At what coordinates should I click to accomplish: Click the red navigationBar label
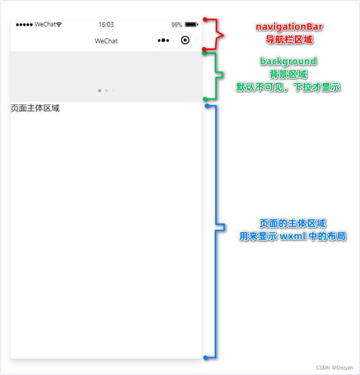pyautogui.click(x=289, y=27)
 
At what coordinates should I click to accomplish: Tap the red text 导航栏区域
pyautogui.click(x=289, y=40)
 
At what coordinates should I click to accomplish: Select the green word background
pyautogui.click(x=288, y=61)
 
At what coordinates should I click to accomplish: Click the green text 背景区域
pyautogui.click(x=288, y=74)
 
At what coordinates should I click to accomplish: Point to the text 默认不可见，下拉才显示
pyautogui.click(x=288, y=87)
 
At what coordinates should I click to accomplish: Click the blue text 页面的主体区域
pyautogui.click(x=293, y=224)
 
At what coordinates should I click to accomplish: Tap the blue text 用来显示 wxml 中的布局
pyautogui.click(x=293, y=237)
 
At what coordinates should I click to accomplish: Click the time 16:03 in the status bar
pyautogui.click(x=106, y=24)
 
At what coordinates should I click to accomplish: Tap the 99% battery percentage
pyautogui.click(x=177, y=24)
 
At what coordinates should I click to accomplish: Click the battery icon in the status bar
pyautogui.click(x=191, y=24)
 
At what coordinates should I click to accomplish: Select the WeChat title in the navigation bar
pyautogui.click(x=106, y=41)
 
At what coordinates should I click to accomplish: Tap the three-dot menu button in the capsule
pyautogui.click(x=163, y=41)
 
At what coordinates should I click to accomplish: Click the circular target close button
pyautogui.click(x=185, y=41)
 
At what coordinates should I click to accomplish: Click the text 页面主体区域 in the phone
pyautogui.click(x=35, y=109)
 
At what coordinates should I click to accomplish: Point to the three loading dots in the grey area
pyautogui.click(x=106, y=91)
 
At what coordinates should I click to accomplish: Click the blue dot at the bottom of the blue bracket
pyautogui.click(x=205, y=357)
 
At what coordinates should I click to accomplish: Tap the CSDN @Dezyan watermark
pyautogui.click(x=335, y=368)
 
